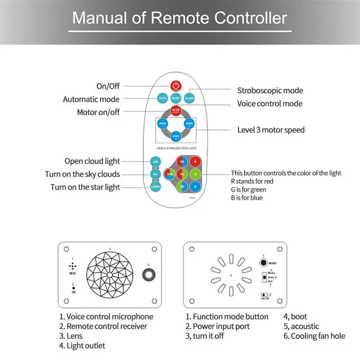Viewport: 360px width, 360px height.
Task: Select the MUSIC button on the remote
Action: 176,98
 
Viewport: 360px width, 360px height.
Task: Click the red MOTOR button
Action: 176,110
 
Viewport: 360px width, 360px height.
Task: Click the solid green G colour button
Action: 195,173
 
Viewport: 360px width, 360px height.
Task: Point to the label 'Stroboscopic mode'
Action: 270,90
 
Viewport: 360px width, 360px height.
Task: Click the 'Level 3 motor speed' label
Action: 271,130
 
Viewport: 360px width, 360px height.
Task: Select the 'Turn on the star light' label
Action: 85,187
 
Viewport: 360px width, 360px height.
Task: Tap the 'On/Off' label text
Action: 108,86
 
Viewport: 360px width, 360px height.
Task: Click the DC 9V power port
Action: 263,294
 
